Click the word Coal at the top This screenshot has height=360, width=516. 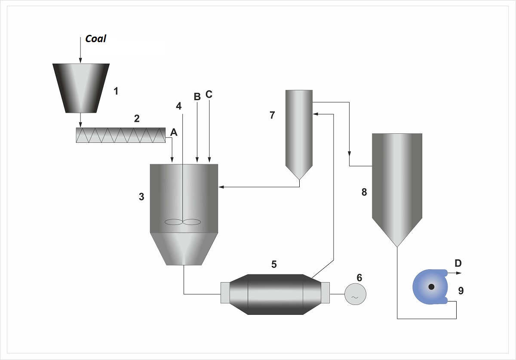coord(95,39)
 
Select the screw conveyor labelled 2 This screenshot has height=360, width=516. coord(120,135)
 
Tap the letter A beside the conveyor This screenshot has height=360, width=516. coord(174,132)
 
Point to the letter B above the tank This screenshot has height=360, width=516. coord(197,97)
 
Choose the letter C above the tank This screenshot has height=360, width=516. coord(209,95)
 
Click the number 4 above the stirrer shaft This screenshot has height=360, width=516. coord(179,105)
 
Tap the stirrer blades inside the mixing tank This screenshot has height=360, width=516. coord(183,222)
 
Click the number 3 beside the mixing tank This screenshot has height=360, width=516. coord(141,197)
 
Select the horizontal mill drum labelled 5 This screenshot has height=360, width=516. coord(275,294)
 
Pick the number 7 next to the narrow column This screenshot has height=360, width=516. coord(272,115)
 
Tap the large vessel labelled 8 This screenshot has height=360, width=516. coord(397,185)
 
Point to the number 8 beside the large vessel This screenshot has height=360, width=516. coord(364,192)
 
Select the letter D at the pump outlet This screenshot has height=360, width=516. coord(458,263)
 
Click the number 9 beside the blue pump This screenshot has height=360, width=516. coord(461,291)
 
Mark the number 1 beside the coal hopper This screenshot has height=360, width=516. coord(116,91)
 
